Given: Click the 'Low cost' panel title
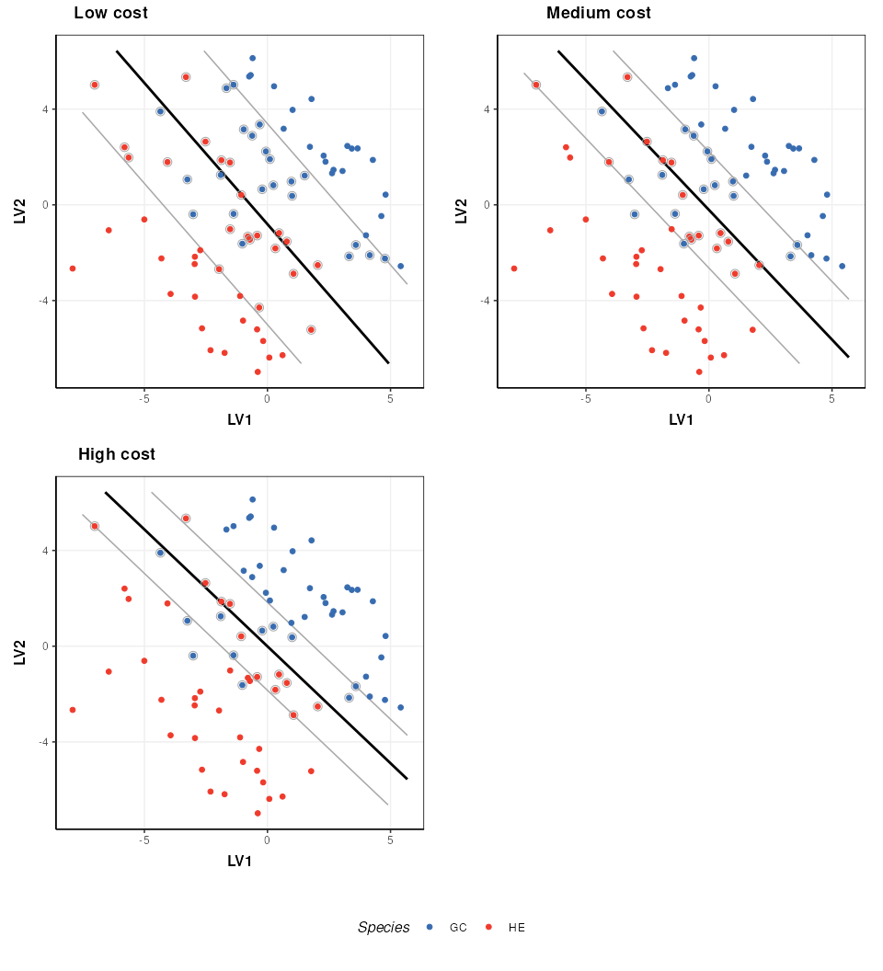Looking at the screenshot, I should [110, 13].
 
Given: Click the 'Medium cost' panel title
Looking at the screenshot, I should [598, 13].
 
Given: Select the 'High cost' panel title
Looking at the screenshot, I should [116, 454].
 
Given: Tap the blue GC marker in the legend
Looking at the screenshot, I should [430, 928].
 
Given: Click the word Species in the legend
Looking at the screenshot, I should [384, 928].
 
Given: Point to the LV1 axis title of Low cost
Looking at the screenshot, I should [239, 420].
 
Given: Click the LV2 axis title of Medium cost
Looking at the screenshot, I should [462, 211].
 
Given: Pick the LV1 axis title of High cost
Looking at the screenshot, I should [239, 862].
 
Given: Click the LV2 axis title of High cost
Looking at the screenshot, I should [20, 652].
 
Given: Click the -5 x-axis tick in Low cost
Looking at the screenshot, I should [144, 399].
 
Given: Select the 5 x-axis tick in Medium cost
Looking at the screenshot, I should [831, 399].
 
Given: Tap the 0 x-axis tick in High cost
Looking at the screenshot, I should [267, 840].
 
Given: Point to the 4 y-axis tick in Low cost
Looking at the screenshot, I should [44, 109].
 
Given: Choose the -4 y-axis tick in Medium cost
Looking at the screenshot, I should [484, 301].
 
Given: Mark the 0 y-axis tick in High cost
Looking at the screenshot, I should [45, 646].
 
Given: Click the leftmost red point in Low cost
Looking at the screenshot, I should [73, 268].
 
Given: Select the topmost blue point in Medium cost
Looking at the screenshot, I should [694, 58].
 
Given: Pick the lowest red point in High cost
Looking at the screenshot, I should [258, 813].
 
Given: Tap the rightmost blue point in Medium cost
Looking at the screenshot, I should [842, 266].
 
